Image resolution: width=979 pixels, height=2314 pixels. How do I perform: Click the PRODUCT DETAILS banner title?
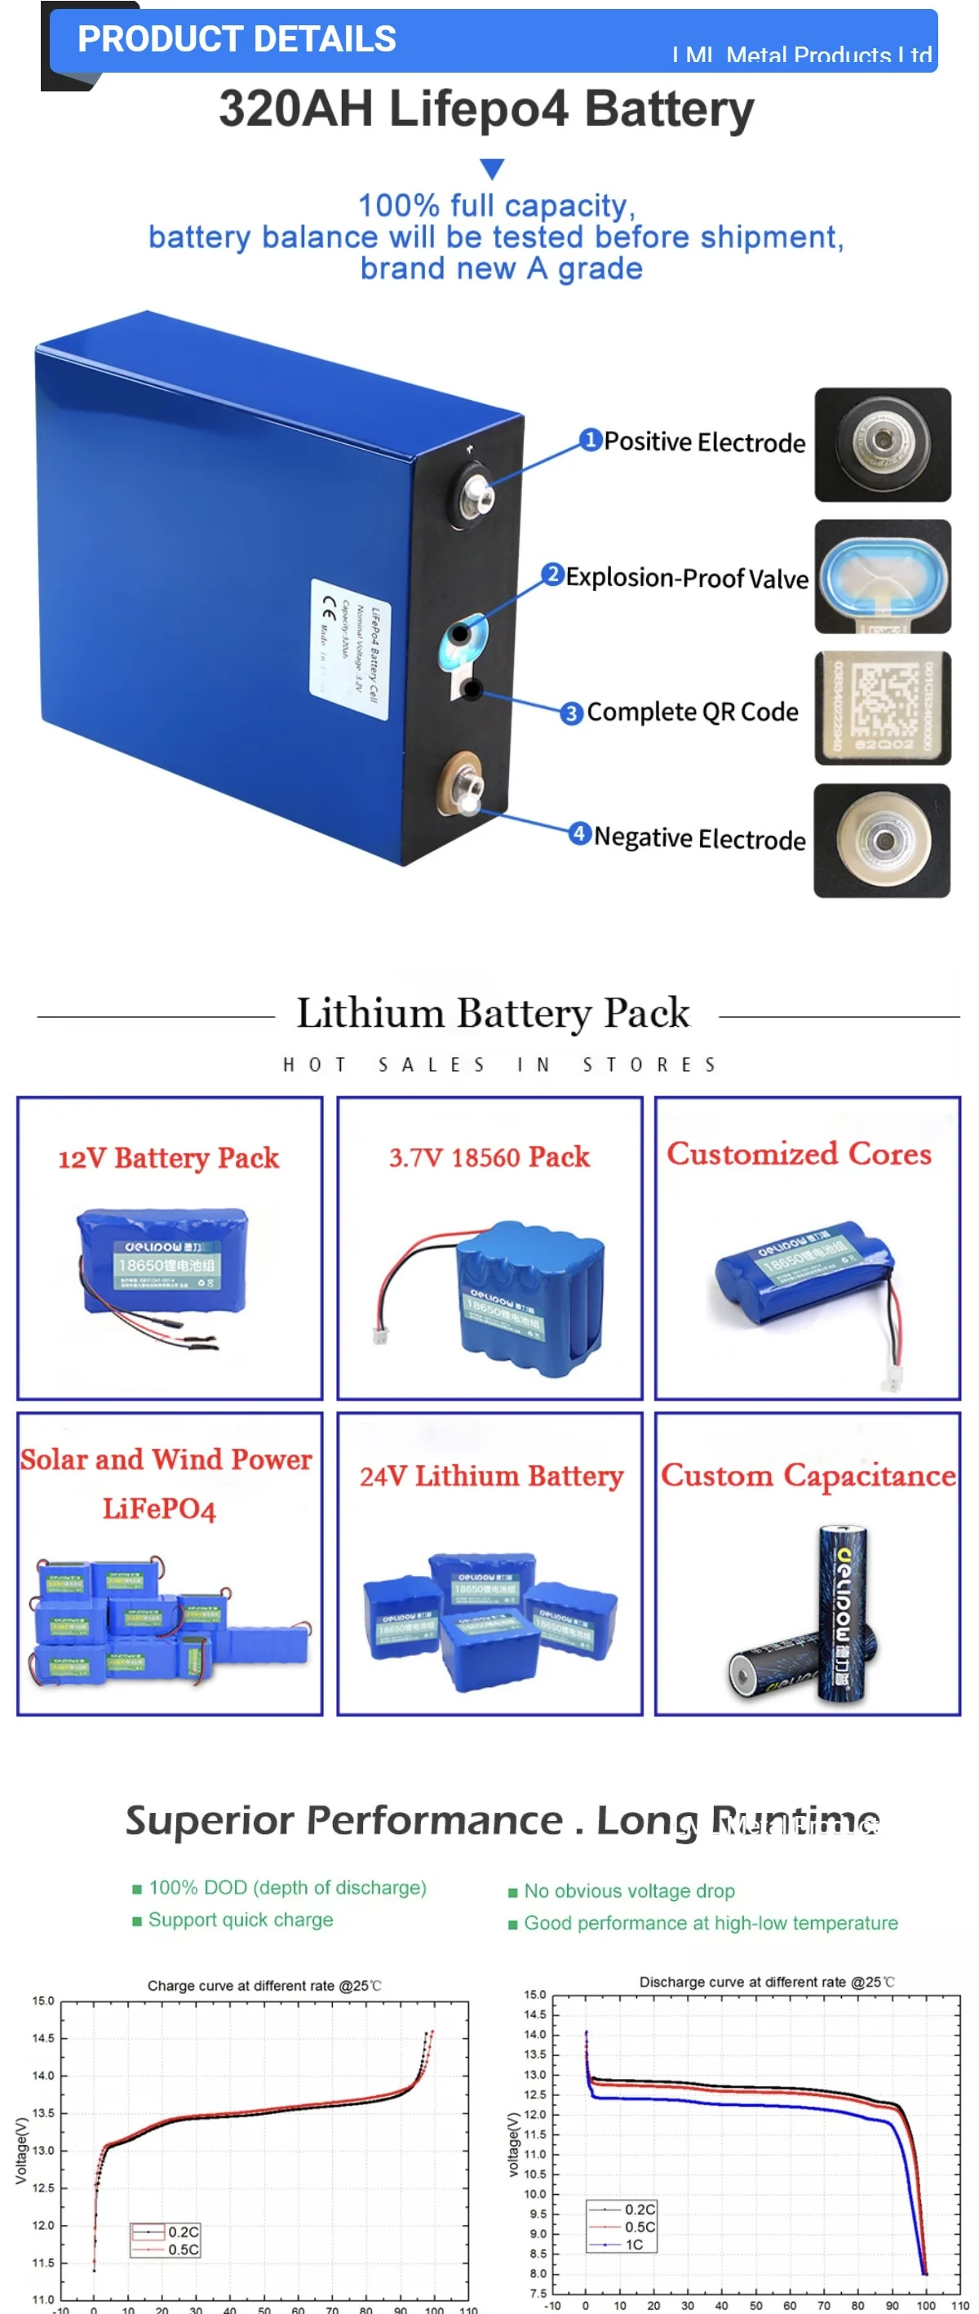[237, 39]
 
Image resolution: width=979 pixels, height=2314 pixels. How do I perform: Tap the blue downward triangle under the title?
[491, 169]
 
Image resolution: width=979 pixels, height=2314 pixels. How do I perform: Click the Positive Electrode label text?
[704, 442]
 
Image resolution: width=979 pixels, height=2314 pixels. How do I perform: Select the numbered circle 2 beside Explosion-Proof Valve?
[552, 574]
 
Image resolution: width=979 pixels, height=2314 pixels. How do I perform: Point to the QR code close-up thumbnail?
[882, 708]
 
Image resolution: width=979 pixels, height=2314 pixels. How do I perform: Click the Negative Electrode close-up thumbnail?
[881, 840]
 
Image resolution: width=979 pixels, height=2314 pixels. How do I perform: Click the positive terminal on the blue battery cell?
[473, 494]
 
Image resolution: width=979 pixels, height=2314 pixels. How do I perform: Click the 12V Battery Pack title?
[169, 1158]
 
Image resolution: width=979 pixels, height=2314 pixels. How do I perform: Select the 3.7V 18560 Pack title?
[489, 1157]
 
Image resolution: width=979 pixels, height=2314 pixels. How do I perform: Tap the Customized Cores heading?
[799, 1153]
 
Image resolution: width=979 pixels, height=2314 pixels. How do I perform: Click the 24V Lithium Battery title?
[491, 1476]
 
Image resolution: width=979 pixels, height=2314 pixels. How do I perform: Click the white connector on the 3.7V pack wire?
[380, 1336]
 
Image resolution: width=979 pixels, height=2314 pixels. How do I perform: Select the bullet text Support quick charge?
[241, 1919]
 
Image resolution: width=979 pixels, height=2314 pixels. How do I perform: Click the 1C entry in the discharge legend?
[634, 2244]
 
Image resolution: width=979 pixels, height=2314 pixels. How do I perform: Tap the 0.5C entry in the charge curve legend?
[184, 2249]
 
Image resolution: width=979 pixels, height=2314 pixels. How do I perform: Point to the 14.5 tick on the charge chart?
[43, 2037]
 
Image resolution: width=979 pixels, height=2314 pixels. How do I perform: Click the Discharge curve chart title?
[765, 1982]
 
